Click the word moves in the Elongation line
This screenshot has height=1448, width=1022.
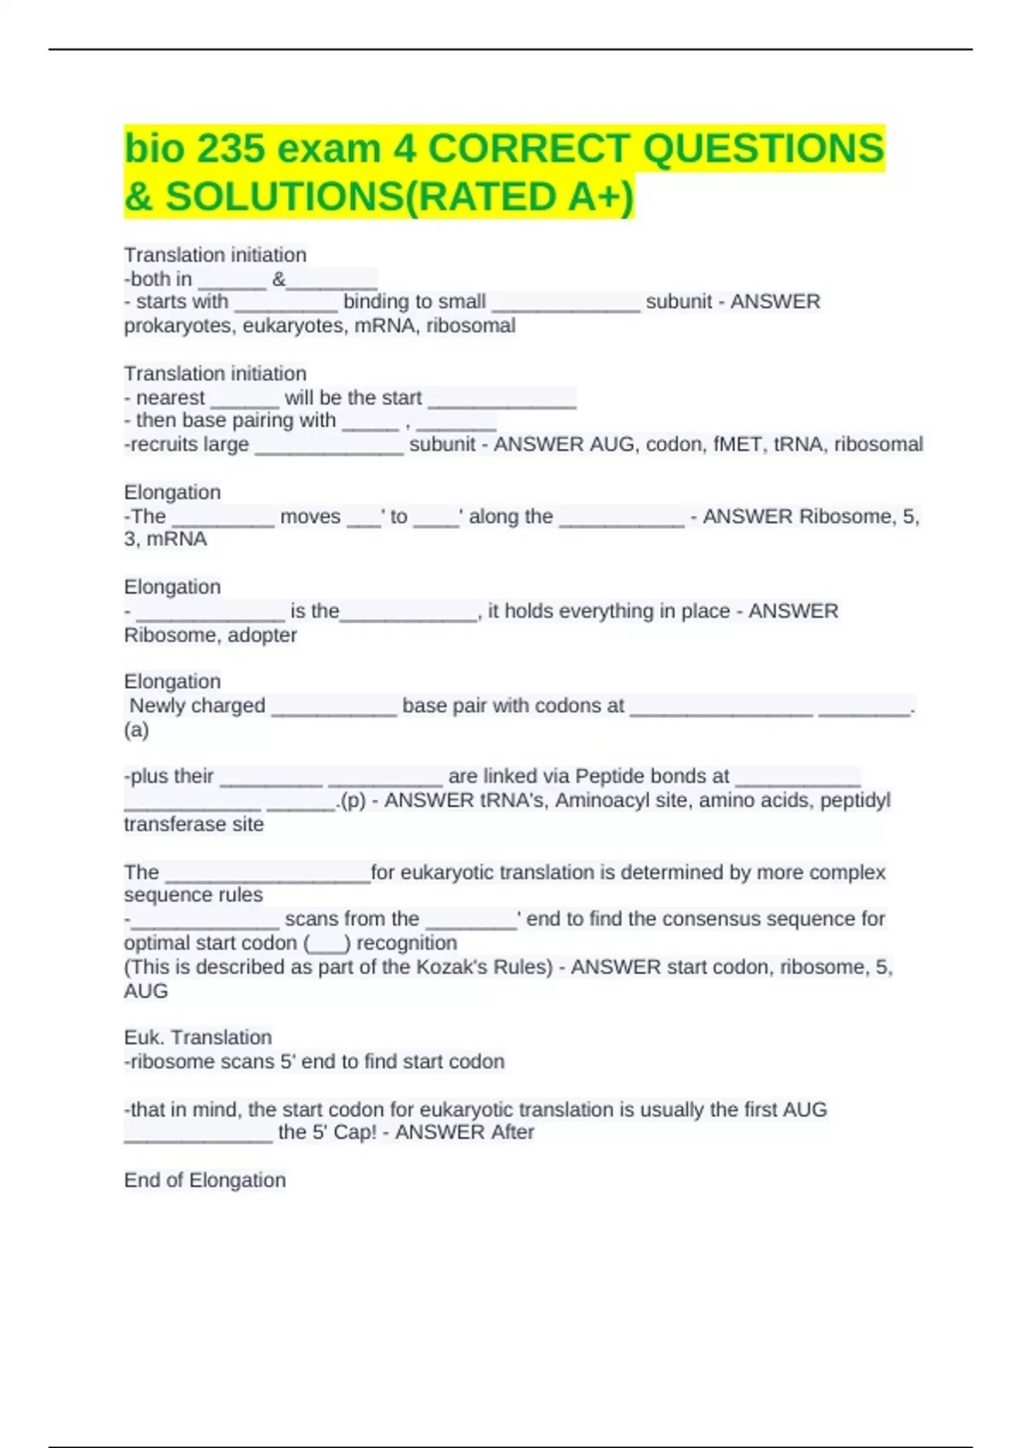point(310,516)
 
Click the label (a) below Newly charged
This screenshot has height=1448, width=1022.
point(136,730)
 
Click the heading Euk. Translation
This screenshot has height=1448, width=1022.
point(198,1037)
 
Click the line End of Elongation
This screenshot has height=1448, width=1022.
point(204,1181)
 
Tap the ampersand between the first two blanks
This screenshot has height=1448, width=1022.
point(278,279)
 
